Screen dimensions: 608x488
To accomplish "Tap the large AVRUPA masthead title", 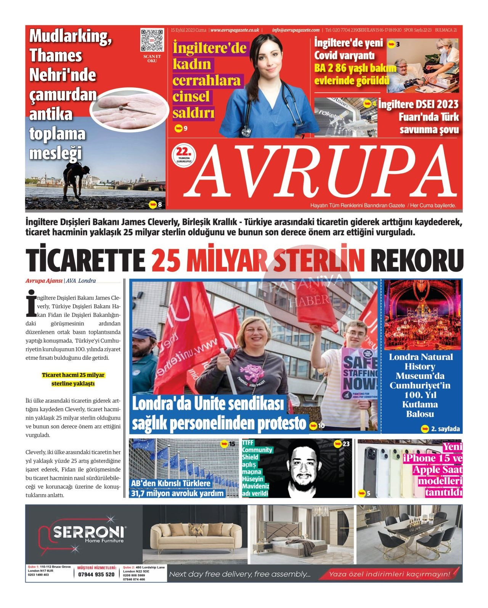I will pyautogui.click(x=324, y=172).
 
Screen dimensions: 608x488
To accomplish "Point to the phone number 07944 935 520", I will pyautogui.click(x=96, y=574).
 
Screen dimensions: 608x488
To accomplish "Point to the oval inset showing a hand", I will pyautogui.click(x=129, y=109).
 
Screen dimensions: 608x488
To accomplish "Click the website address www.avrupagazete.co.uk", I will pyautogui.click(x=235, y=30).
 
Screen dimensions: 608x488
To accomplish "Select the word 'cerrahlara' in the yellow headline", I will pyautogui.click(x=207, y=80).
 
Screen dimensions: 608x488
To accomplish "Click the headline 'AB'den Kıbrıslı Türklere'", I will pyautogui.click(x=170, y=483).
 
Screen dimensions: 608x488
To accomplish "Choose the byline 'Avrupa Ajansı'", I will pyautogui.click(x=43, y=281).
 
